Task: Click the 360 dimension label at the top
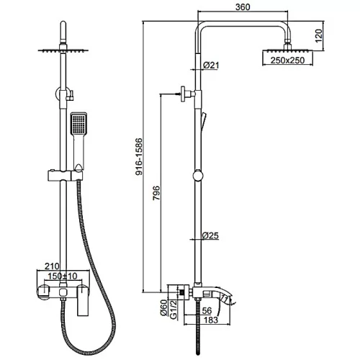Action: pyautogui.click(x=243, y=7)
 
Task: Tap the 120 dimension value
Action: pyautogui.click(x=318, y=36)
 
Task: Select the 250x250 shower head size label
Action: pyautogui.click(x=287, y=60)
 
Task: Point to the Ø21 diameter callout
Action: pyautogui.click(x=211, y=65)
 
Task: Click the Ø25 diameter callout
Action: pyautogui.click(x=210, y=235)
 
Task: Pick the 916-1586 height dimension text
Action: pyautogui.click(x=139, y=156)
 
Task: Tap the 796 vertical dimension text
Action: pyautogui.click(x=156, y=193)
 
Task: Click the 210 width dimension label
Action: pyautogui.click(x=52, y=266)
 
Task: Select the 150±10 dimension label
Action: pyautogui.click(x=63, y=276)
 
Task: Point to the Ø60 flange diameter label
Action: pyautogui.click(x=163, y=307)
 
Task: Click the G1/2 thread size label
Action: pyautogui.click(x=174, y=310)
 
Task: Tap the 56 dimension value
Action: pyautogui.click(x=207, y=311)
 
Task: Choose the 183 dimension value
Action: pyautogui.click(x=211, y=320)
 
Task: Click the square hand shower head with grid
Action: pyautogui.click(x=78, y=123)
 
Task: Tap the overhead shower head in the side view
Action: pyautogui.click(x=288, y=50)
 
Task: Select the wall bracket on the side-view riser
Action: pyautogui.click(x=188, y=94)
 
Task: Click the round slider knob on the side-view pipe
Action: pyautogui.click(x=198, y=176)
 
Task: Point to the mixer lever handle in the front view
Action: pyautogui.click(x=83, y=300)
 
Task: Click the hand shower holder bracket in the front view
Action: pyautogui.click(x=66, y=175)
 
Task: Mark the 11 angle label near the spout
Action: pyautogui.click(x=225, y=298)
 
